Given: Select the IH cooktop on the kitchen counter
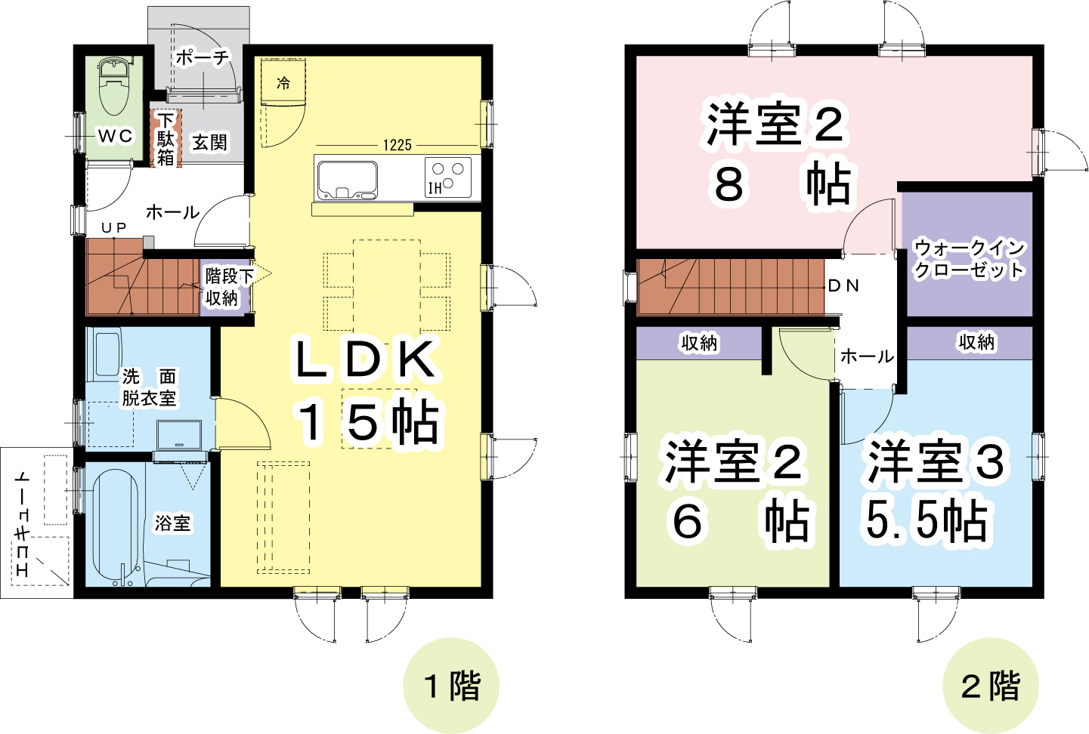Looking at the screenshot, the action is pos(447,177).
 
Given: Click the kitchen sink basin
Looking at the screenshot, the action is pos(347,180).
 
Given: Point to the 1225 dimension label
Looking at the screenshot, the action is pos(398,145).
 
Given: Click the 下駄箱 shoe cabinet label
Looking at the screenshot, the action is pos(166,139).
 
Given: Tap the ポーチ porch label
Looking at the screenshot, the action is pos(203,57).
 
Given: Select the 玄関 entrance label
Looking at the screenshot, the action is pos(209,143).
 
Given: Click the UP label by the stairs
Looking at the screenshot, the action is pos(114,227).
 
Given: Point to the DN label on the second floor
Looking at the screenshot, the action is pos(843,285).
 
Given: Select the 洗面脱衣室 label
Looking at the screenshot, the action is pos(149,387).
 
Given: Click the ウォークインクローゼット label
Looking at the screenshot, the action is pos(970,259).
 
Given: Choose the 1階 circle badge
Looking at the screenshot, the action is pos(451,686).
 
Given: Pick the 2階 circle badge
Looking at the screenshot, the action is pos(990,686).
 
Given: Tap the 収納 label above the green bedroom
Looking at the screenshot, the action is pos(698,344).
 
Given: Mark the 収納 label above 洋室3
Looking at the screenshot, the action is pos(976,342).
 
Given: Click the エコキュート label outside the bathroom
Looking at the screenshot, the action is pos(23,524).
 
